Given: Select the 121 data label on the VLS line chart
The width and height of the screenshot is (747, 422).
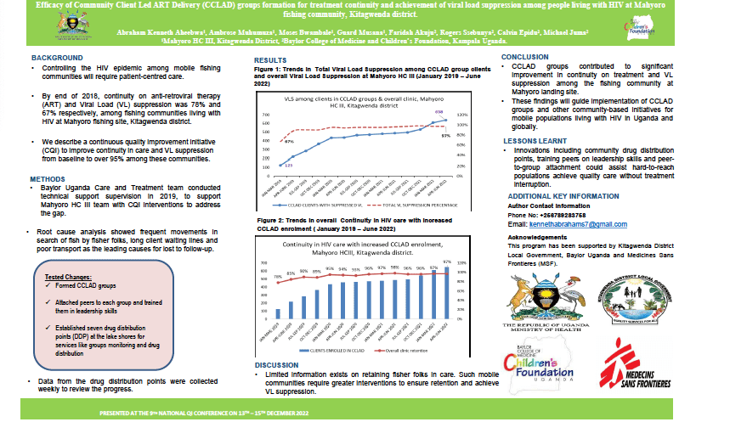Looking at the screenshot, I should coord(288,166).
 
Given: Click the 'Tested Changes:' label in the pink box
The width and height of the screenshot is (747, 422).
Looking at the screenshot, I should coord(67,277).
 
